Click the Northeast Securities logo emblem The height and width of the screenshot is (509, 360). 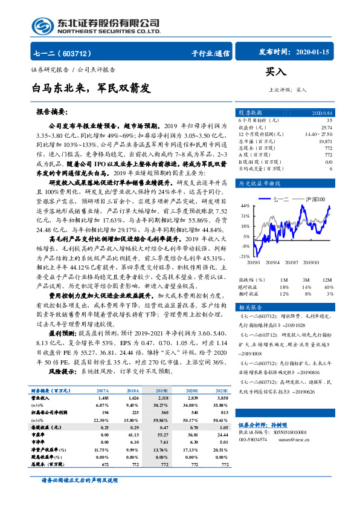point(40,25)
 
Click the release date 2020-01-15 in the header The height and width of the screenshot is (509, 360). point(313,53)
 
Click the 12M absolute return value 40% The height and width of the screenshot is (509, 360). point(329,287)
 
